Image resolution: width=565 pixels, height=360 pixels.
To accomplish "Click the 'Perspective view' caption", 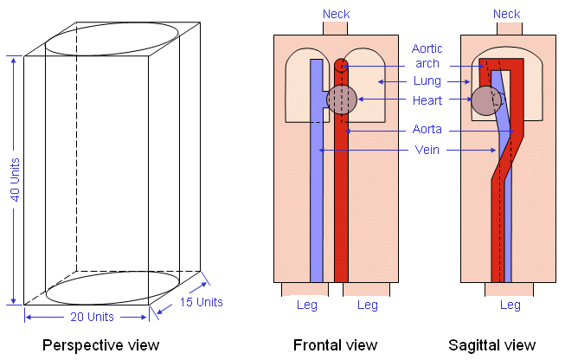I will [x=102, y=346].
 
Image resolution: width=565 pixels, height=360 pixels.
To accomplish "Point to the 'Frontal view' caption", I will [x=336, y=346].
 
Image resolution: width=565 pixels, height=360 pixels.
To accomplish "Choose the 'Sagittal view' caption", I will [x=492, y=346].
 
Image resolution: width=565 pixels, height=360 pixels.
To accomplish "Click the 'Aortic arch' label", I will [x=426, y=57].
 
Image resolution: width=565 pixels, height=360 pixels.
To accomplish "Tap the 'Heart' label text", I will [x=427, y=100].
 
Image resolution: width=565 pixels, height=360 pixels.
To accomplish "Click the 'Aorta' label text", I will [x=427, y=130].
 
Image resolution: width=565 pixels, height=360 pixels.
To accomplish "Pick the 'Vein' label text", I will [x=427, y=150].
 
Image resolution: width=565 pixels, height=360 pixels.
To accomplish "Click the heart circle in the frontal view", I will [x=342, y=100].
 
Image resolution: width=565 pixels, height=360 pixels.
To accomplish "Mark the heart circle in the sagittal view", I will [x=485, y=100].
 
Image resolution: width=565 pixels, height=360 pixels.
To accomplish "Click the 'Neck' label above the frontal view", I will [x=337, y=14].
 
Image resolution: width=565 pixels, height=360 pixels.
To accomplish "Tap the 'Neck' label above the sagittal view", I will [x=506, y=14].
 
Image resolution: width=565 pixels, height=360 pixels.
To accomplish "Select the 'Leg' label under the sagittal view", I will [x=510, y=305].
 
